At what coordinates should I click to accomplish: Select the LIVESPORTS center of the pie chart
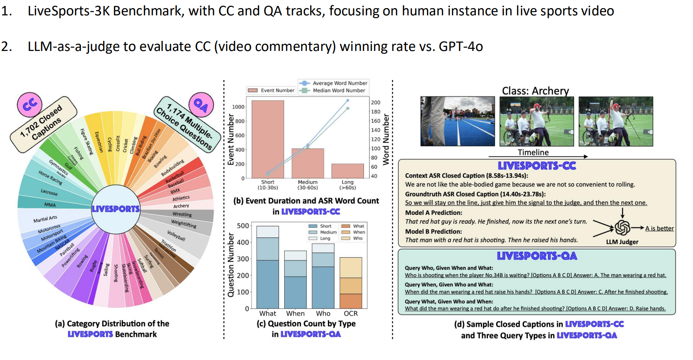pos(116,209)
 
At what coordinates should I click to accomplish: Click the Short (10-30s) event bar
pos(268,139)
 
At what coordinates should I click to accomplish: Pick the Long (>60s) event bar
pos(347,171)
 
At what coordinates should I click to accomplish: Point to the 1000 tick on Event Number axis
pos(238,107)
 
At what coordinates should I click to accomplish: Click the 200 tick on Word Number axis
pos(376,102)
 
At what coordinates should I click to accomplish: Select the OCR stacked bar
pos(351,283)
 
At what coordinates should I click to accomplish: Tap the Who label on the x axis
pos(323,313)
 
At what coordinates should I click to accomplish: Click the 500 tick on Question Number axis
pos(243,226)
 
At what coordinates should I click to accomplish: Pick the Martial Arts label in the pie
pos(45,219)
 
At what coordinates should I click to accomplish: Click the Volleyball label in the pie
pos(176,236)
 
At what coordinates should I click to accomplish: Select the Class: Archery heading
pos(535,91)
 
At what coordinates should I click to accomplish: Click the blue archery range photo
pos(457,121)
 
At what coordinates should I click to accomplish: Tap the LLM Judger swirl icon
pos(622,228)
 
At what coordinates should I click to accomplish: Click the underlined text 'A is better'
pos(659,229)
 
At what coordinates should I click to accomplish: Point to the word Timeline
pos(533,152)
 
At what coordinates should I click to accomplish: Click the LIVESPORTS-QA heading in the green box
pos(537,256)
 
